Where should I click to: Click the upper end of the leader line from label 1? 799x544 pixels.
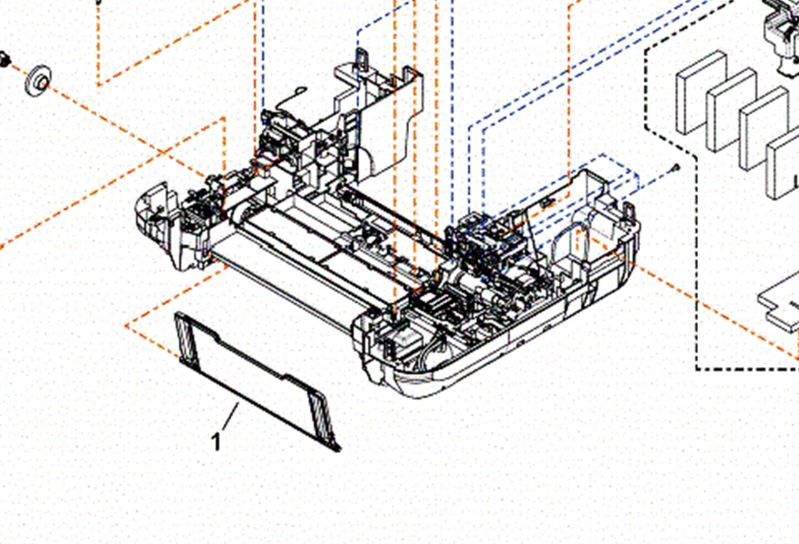238,403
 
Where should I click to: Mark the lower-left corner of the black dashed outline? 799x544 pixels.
696,369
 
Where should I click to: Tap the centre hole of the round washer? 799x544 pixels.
43,81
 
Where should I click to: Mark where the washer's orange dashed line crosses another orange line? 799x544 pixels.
162,151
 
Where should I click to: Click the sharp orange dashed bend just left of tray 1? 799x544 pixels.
126,326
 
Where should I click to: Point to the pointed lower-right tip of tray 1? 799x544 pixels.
340,450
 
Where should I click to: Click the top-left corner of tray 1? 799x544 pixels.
175,313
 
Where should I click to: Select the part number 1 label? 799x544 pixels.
216,442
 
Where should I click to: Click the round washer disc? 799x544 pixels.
38,80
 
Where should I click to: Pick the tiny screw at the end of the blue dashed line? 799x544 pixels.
675,167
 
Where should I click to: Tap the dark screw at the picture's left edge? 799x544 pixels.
5,59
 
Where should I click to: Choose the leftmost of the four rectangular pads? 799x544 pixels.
701,93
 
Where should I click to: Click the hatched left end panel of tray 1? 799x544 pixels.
186,338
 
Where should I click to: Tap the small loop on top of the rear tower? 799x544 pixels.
362,57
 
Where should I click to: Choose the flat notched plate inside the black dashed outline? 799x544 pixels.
778,306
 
